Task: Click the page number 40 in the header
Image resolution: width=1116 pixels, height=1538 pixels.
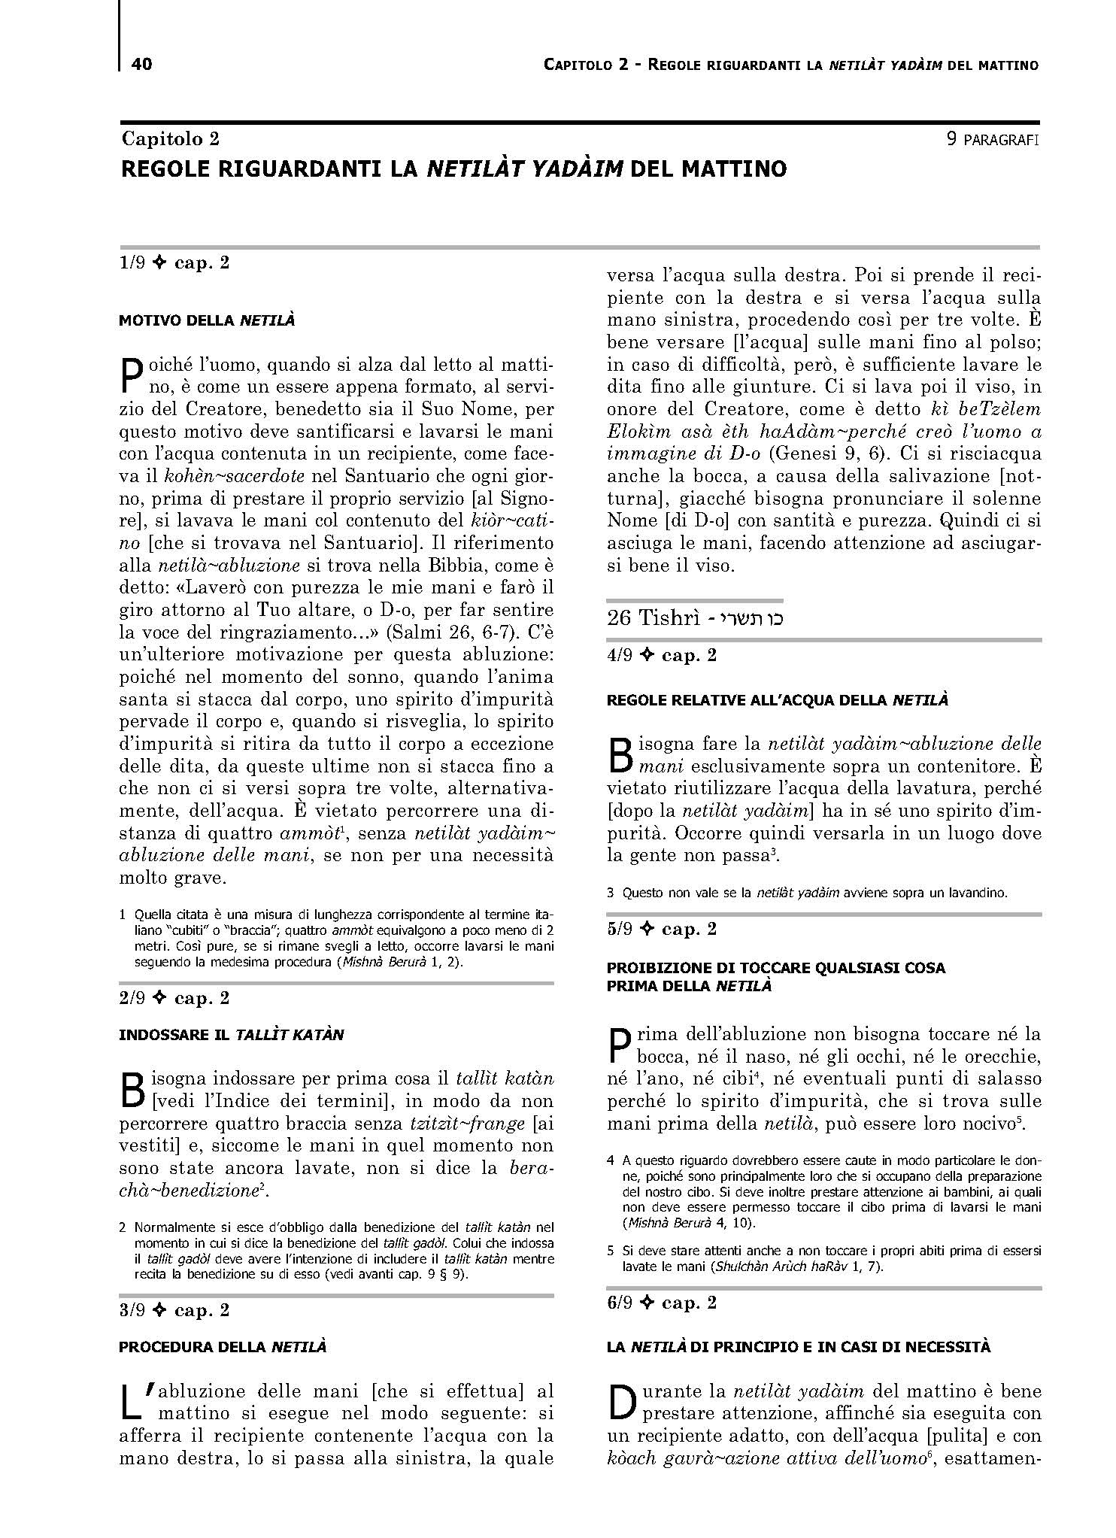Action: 141,65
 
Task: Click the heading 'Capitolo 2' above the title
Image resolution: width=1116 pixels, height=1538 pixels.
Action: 171,139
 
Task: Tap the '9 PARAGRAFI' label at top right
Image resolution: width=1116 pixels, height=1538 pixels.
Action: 993,139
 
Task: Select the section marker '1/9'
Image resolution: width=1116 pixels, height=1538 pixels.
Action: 132,263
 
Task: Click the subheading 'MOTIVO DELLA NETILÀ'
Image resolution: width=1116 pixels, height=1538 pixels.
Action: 207,321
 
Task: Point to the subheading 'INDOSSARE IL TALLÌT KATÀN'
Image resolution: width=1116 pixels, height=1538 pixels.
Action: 231,1035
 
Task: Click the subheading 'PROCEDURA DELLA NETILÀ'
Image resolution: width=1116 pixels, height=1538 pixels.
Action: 223,1347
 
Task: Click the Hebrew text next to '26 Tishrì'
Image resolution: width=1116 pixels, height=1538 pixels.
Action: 751,618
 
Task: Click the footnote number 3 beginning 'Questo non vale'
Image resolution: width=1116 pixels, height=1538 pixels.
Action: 611,893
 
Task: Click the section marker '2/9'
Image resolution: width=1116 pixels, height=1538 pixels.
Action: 132,999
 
